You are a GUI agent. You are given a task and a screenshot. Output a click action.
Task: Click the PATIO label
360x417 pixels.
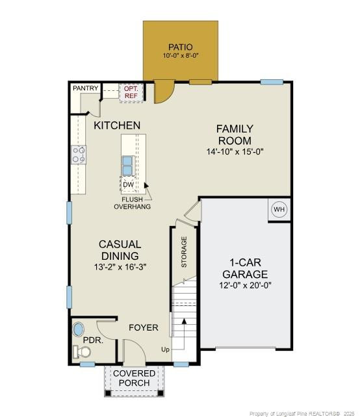click(181, 47)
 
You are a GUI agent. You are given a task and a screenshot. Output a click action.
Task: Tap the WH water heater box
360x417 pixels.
click(279, 210)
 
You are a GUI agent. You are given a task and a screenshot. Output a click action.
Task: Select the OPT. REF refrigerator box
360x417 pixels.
click(131, 92)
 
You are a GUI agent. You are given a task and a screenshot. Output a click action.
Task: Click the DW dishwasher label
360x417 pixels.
click(129, 185)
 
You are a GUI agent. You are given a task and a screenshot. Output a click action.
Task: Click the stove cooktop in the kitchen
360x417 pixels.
click(79, 155)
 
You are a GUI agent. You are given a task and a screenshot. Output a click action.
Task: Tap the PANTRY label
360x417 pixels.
click(85, 88)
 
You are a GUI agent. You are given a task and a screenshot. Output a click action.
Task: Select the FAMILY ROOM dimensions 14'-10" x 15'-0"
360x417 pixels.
click(235, 151)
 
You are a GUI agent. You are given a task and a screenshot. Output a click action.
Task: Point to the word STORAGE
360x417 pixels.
click(183, 252)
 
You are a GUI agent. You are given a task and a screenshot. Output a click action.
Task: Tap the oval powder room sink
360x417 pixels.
click(79, 329)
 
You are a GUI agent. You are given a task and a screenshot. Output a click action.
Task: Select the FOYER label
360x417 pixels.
click(143, 327)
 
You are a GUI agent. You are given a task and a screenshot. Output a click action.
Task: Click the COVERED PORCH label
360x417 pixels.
click(134, 378)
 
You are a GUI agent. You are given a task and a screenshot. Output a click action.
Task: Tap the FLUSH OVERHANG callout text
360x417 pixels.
click(133, 203)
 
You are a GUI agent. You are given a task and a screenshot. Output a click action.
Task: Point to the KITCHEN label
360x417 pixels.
click(117, 125)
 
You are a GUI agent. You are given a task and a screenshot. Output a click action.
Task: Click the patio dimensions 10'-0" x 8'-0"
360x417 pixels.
click(181, 56)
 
